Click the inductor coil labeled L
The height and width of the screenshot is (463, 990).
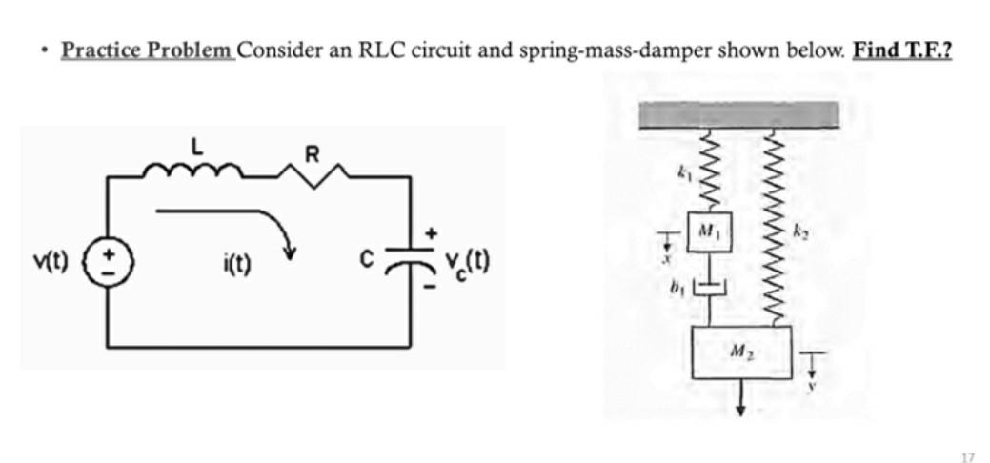click(194, 171)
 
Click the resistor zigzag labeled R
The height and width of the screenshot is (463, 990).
click(311, 172)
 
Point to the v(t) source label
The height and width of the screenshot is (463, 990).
click(54, 260)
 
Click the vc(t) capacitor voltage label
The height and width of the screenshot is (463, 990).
click(466, 261)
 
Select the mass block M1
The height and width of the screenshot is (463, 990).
click(708, 231)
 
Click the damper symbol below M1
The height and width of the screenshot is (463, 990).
click(708, 287)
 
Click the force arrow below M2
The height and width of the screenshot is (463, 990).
click(739, 400)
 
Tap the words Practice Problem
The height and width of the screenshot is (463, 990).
click(148, 50)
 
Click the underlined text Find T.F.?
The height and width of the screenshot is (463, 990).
click(902, 50)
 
